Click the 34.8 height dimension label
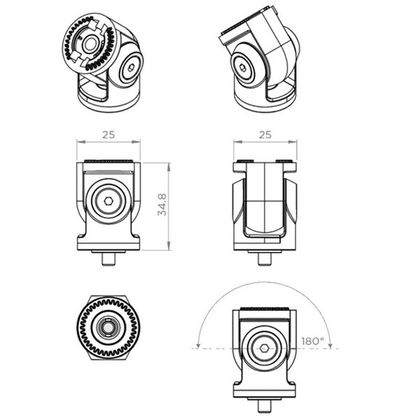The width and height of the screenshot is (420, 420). click(x=162, y=204)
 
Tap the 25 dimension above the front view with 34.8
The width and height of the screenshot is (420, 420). click(x=109, y=135)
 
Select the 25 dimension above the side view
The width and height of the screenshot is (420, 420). click(x=265, y=135)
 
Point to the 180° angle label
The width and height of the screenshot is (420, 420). click(x=313, y=341)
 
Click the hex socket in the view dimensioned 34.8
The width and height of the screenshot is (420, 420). click(x=108, y=201)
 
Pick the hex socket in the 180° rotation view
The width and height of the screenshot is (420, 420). click(x=264, y=349)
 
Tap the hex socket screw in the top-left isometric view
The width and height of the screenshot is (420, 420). click(x=131, y=69)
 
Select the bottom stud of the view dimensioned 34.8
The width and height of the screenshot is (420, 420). click(x=108, y=259)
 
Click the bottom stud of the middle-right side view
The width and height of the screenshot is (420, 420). click(x=264, y=259)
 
